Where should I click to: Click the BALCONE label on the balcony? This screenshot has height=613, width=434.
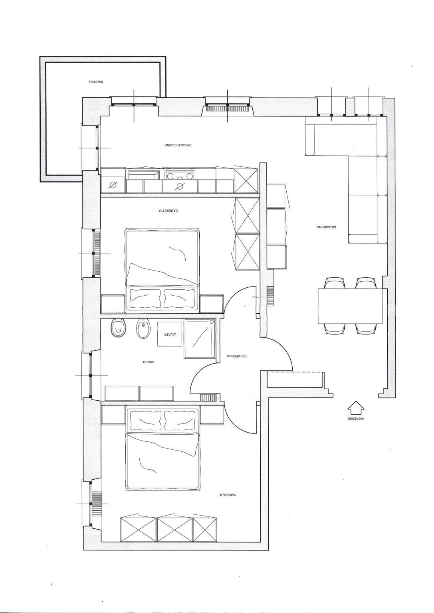[x=96, y=82]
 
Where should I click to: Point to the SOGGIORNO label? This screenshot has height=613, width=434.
[x=326, y=227]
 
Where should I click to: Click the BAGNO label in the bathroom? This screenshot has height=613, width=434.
[x=149, y=362]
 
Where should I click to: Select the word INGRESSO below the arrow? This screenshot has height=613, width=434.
[x=355, y=419]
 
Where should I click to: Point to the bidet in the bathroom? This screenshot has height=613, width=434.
[x=142, y=329]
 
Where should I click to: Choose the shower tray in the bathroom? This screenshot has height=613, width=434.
[x=199, y=338]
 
